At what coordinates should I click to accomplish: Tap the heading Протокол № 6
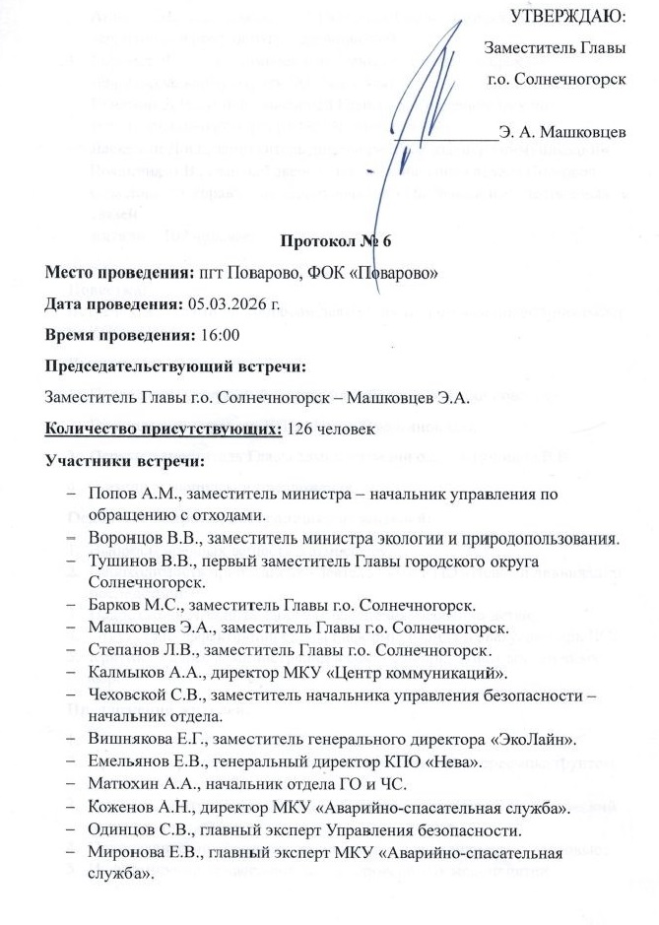pyautogui.click(x=328, y=240)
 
